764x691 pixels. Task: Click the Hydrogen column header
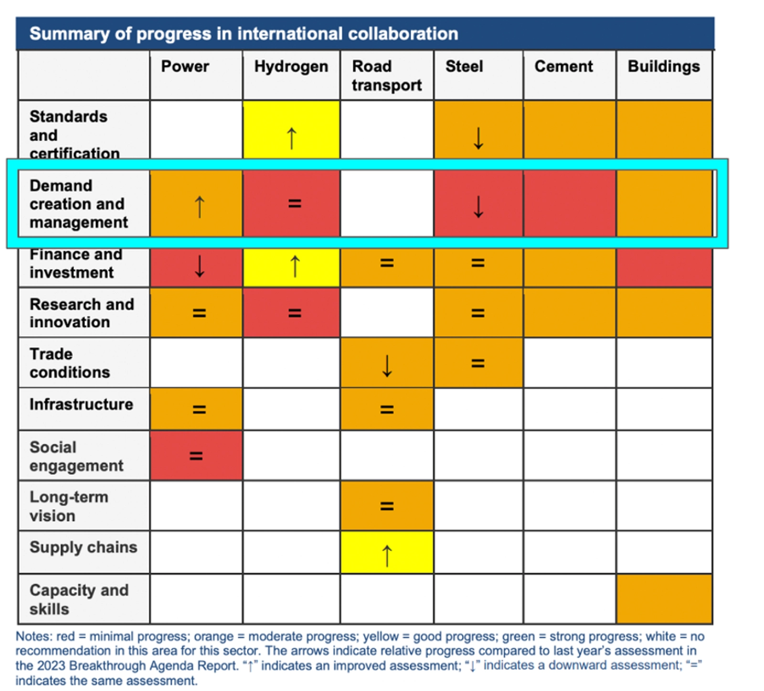291,66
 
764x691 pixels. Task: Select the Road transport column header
386,75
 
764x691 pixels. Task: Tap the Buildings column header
663,66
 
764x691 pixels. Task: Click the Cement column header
563,66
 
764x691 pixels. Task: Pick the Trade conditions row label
70,363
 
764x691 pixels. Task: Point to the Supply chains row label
83,547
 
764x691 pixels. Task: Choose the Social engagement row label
76,456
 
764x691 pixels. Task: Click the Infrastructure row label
81,404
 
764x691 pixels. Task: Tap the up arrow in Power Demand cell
200,207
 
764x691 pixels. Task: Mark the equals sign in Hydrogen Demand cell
295,204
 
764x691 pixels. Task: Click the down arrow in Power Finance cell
200,266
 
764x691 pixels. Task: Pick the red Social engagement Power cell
196,456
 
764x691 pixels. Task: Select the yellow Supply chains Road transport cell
387,552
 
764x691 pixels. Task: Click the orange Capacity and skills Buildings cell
664,599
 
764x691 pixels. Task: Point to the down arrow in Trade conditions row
387,366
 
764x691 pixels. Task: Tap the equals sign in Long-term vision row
387,506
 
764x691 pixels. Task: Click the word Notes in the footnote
33,637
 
